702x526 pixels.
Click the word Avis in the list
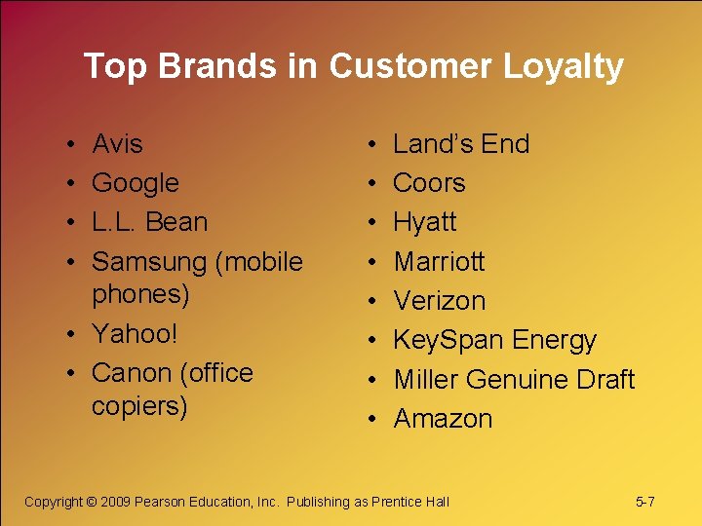pos(117,144)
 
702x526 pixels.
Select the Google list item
pos(136,183)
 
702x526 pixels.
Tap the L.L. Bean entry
pos(149,222)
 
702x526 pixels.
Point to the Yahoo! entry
pos(135,334)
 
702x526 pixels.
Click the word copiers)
pos(139,405)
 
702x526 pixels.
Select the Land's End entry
pos(461,144)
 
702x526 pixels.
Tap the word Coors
pos(429,183)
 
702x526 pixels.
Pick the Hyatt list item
pos(424,222)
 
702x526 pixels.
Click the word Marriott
pos(439,262)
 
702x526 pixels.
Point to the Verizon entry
pos(439,301)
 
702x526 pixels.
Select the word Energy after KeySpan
pos(554,341)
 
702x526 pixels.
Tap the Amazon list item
pos(443,419)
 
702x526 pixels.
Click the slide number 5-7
pos(644,502)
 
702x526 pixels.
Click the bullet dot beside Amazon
pos(374,419)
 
